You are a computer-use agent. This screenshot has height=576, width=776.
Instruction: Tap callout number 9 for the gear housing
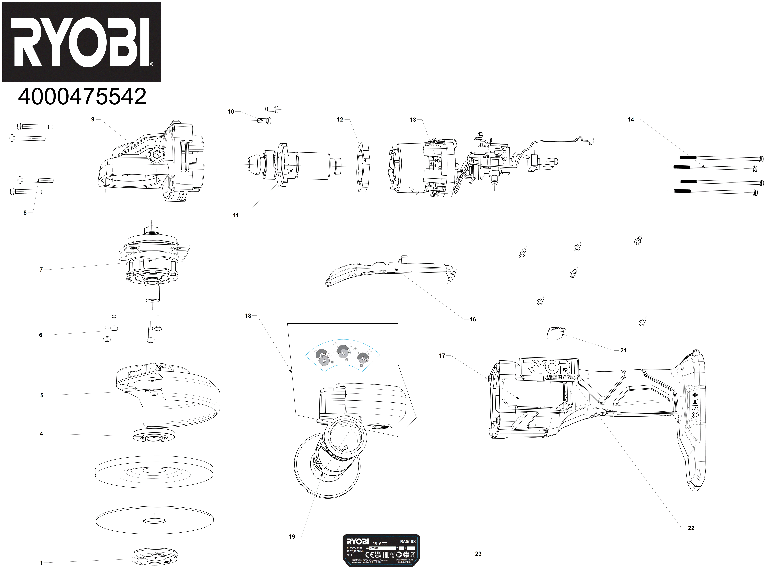tap(93, 120)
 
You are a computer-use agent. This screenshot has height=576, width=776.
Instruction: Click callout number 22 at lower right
tap(691, 528)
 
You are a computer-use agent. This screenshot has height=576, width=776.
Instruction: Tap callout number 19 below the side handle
tap(292, 537)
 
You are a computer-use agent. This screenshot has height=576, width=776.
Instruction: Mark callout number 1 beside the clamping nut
tap(41, 563)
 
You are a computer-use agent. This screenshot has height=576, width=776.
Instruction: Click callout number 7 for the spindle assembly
tap(41, 270)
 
